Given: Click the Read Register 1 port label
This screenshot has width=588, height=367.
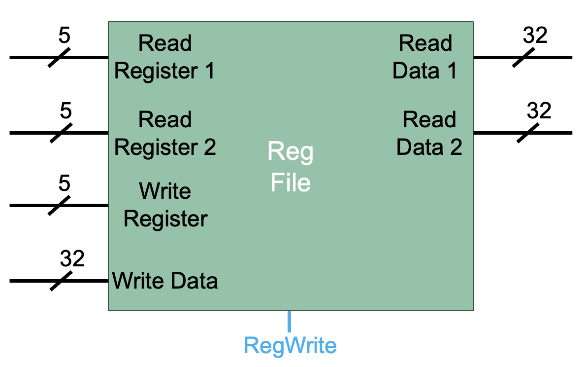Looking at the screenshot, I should (164, 57).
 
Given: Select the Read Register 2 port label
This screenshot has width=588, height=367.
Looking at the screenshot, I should (164, 133).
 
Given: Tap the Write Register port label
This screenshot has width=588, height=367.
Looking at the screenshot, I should (165, 205).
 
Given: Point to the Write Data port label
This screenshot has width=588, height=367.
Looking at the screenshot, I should (165, 281).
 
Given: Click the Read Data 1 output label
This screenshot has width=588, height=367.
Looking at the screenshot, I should (425, 57).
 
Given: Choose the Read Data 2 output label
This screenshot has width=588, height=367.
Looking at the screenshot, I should (429, 133).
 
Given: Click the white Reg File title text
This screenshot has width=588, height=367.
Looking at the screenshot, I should (291, 168).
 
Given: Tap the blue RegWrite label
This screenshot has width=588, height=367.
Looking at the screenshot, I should (291, 345).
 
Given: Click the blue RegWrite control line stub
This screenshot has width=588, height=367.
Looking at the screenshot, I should (290, 321).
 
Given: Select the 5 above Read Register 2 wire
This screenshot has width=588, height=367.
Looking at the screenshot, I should (65, 111).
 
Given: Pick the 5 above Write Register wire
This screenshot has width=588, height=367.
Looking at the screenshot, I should (65, 183).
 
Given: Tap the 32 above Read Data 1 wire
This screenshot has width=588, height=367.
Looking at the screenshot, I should (535, 36).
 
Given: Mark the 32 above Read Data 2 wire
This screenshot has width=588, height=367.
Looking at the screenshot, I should (539, 111).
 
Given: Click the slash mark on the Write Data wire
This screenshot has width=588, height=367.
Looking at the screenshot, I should (61, 281).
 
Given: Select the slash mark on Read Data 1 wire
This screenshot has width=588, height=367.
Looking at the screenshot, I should (523, 57).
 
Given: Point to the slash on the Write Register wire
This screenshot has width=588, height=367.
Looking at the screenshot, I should (59, 205).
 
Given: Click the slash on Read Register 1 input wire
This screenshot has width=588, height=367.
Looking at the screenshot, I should (59, 57).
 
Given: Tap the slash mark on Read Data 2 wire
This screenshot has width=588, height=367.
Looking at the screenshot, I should (527, 133).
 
